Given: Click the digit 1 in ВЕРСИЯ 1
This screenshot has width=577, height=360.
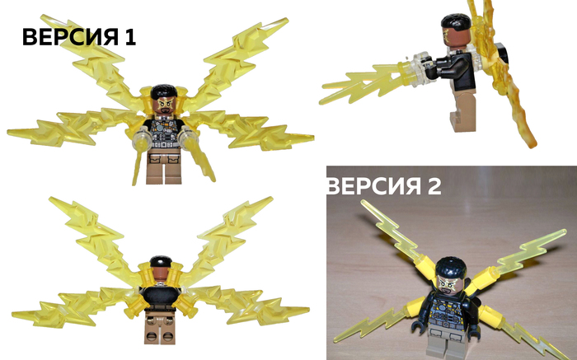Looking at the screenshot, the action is click(x=130, y=37).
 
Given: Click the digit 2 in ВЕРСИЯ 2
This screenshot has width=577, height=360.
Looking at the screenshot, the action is click(x=434, y=186).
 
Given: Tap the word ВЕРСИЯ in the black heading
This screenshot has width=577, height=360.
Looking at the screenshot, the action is click(x=71, y=37).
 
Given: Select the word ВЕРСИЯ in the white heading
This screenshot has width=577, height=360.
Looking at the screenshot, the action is click(x=374, y=186).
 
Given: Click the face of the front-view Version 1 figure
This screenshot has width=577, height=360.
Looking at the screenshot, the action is click(x=164, y=105).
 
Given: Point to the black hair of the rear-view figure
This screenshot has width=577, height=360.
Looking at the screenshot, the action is click(x=161, y=261).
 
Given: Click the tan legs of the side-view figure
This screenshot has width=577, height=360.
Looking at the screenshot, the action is click(x=462, y=110).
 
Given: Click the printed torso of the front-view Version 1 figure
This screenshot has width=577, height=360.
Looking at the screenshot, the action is click(x=165, y=133).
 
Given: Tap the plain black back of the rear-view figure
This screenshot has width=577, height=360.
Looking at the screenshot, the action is click(x=161, y=298).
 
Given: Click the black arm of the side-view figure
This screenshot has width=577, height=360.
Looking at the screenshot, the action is click(x=450, y=67).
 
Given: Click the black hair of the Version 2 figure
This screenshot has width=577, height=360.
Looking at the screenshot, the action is click(x=451, y=266).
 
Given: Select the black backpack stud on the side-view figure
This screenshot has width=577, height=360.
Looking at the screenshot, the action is click(x=502, y=53).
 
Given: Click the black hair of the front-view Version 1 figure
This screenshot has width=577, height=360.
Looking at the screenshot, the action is click(x=164, y=91).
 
